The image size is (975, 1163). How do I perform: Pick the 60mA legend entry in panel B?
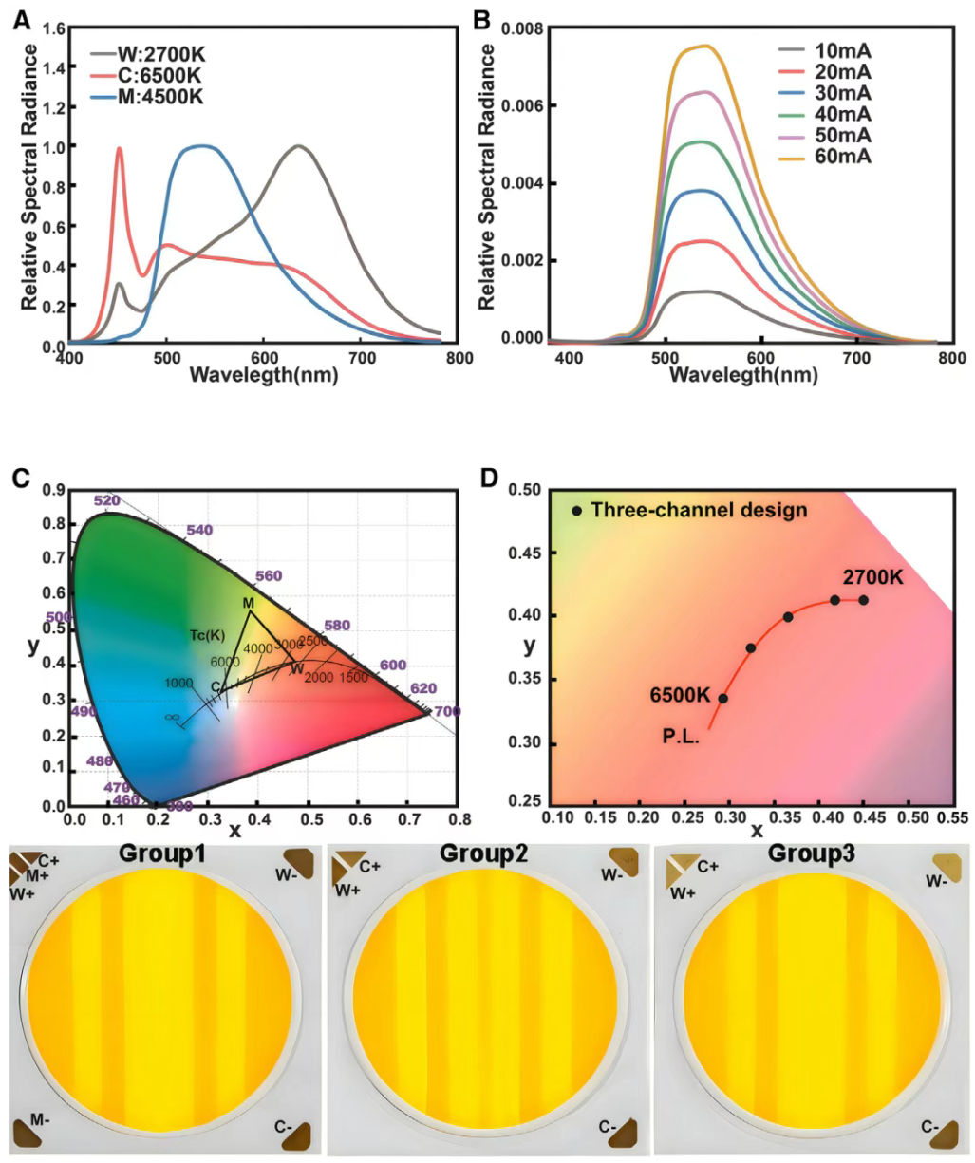[x=842, y=157]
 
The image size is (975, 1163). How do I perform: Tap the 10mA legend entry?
[x=842, y=51]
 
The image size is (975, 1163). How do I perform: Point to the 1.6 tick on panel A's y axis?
[x=54, y=29]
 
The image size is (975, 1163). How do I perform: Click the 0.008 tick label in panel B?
[x=521, y=29]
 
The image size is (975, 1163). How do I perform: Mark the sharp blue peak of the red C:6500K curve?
[x=120, y=148]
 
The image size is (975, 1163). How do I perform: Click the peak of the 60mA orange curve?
[x=704, y=46]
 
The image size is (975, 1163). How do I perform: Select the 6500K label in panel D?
[x=680, y=695]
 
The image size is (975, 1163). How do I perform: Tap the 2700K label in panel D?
[x=872, y=577]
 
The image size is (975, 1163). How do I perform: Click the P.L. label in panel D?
[x=681, y=735]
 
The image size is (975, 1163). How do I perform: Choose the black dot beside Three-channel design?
[x=576, y=511]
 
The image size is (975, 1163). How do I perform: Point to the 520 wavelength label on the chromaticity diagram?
[x=107, y=500]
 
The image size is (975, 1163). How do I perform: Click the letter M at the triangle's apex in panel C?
[x=248, y=603]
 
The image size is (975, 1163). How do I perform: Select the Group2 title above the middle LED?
[x=483, y=854]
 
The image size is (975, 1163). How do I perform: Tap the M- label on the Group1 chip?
[x=40, y=1120]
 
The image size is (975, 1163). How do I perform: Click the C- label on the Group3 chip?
[x=930, y=1127]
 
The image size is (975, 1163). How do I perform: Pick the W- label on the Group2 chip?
[x=612, y=874]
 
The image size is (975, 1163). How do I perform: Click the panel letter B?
[x=481, y=19]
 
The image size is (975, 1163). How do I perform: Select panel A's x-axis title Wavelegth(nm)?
[x=264, y=374]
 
